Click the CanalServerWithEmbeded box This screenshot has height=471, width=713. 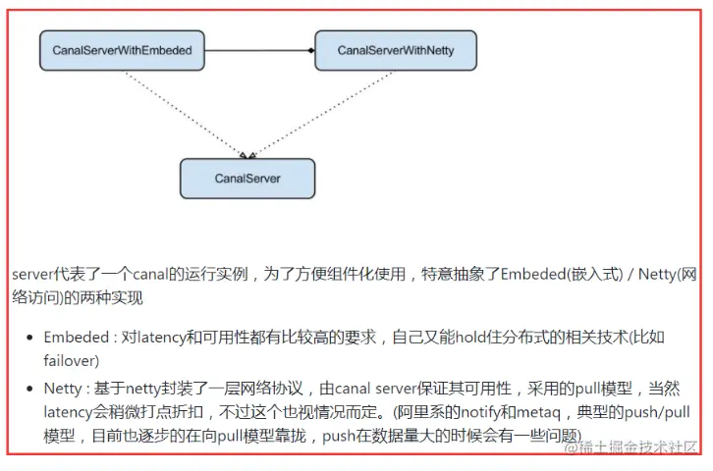[x=122, y=50]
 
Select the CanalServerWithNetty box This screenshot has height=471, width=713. [x=396, y=50]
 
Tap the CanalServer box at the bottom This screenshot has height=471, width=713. [x=247, y=179]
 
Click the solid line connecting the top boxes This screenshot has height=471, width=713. [x=258, y=50]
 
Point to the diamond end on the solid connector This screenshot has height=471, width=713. [x=311, y=50]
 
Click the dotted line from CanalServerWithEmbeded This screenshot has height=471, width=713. [x=186, y=114]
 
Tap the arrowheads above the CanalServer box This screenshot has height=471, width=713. [x=247, y=155]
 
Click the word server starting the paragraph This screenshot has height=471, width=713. [x=32, y=275]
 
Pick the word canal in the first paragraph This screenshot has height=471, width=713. [x=150, y=275]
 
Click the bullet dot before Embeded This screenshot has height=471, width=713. [x=30, y=338]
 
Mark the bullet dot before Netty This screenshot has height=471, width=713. [x=30, y=389]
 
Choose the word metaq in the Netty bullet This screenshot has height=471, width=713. [x=538, y=412]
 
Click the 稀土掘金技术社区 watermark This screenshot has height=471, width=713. [x=631, y=447]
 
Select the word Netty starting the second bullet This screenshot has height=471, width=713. [x=63, y=389]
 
